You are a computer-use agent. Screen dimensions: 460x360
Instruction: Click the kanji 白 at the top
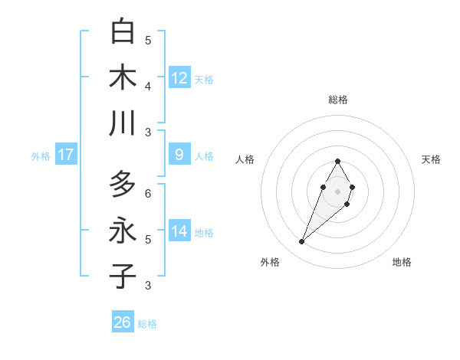(123, 31)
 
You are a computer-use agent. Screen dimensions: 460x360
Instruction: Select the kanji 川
(123, 123)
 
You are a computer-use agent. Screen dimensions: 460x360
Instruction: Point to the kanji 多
(123, 184)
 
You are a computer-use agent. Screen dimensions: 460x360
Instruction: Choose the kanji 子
(123, 276)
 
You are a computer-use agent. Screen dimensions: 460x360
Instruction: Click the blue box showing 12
(179, 77)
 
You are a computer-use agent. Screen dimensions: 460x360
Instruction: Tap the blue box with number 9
(179, 155)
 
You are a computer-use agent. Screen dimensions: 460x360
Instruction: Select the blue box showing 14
(179, 231)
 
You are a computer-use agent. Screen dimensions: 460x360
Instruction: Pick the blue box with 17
(65, 155)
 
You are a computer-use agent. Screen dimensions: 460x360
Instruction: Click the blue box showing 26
(123, 322)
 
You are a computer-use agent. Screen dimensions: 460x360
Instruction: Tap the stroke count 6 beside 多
(148, 194)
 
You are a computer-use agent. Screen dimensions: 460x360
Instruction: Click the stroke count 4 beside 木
(148, 87)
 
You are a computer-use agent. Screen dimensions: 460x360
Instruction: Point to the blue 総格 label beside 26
(147, 324)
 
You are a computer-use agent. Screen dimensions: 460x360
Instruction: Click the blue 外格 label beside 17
(41, 156)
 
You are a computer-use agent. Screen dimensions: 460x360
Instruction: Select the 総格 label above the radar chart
(337, 100)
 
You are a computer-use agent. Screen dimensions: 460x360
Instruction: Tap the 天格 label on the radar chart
(431, 159)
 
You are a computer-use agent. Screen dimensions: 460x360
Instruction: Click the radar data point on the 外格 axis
(302, 242)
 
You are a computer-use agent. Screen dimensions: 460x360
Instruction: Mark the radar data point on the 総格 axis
(337, 161)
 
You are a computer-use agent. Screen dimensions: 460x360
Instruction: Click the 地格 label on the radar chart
(402, 262)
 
